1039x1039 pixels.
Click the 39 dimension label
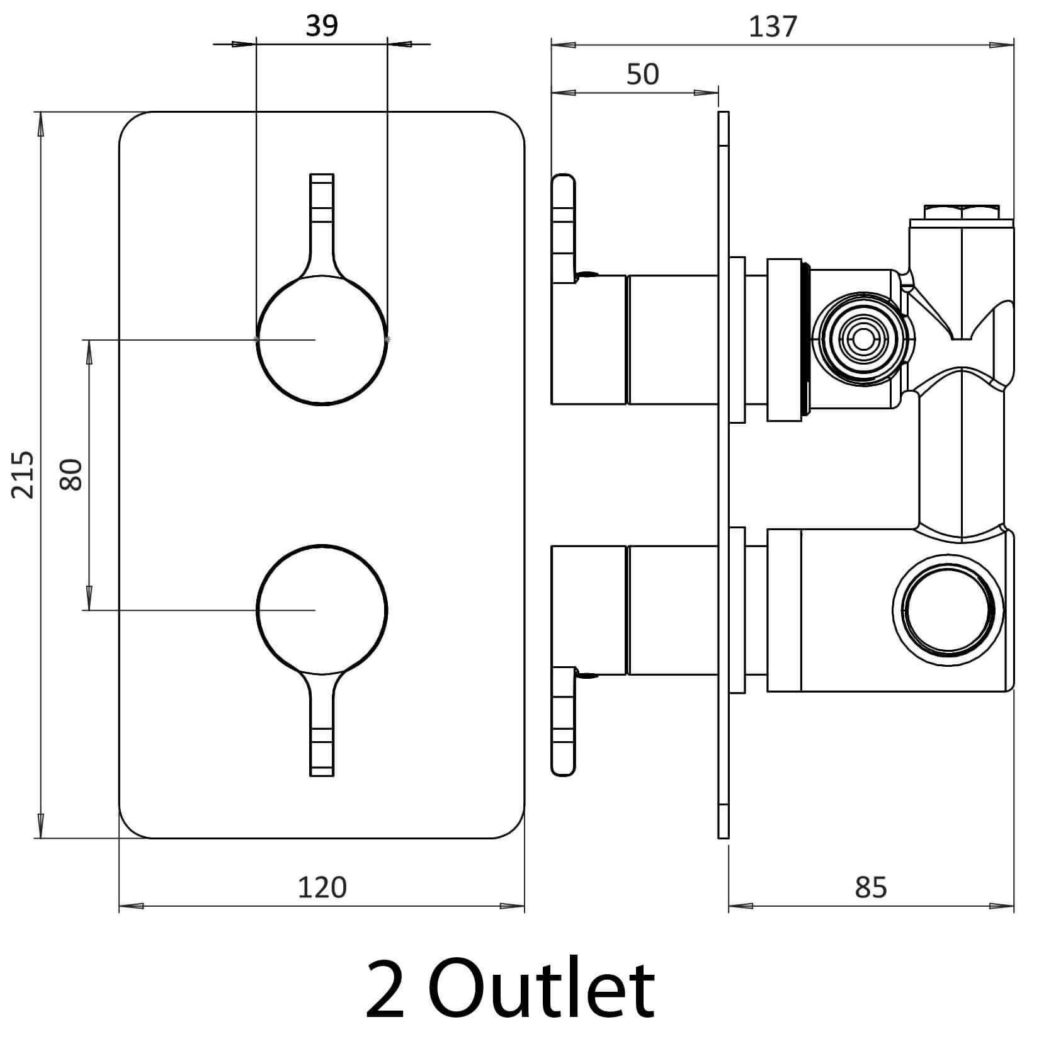(x=322, y=26)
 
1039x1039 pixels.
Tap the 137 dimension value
(x=773, y=27)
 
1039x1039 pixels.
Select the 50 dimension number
(x=643, y=74)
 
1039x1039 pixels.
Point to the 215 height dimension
(x=23, y=474)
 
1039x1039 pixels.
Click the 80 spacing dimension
(x=71, y=474)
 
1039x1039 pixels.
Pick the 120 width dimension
(x=322, y=887)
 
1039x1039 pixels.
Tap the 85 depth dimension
(x=871, y=887)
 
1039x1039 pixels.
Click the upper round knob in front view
(x=322, y=339)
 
